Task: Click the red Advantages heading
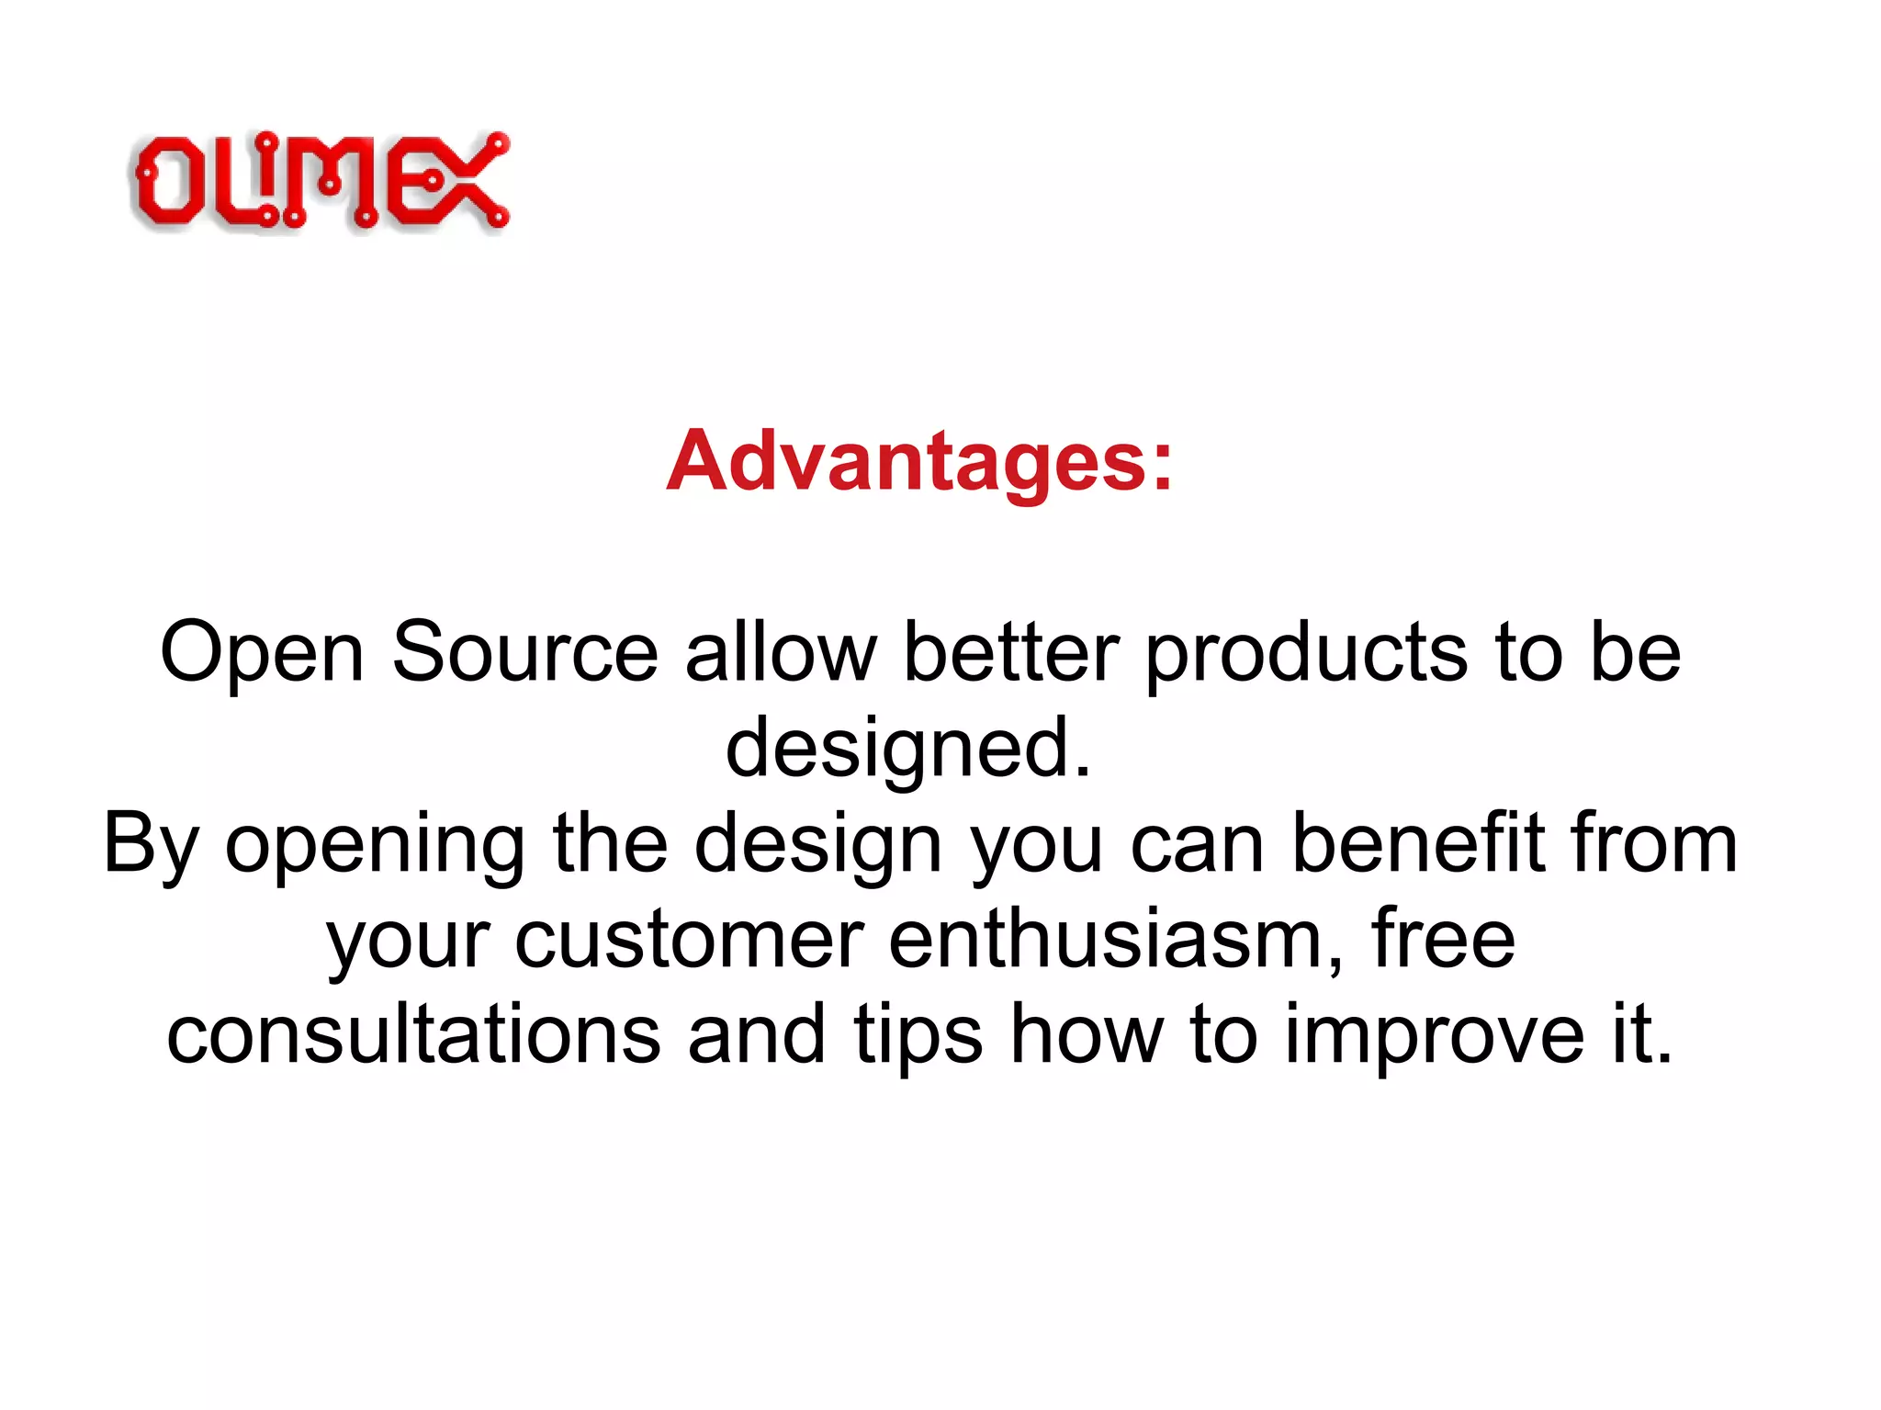[919, 461]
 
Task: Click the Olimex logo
[321, 181]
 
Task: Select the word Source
[524, 653]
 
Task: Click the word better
[1011, 653]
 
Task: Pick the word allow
[781, 653]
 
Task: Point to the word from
[1654, 843]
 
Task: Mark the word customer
[688, 941]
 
